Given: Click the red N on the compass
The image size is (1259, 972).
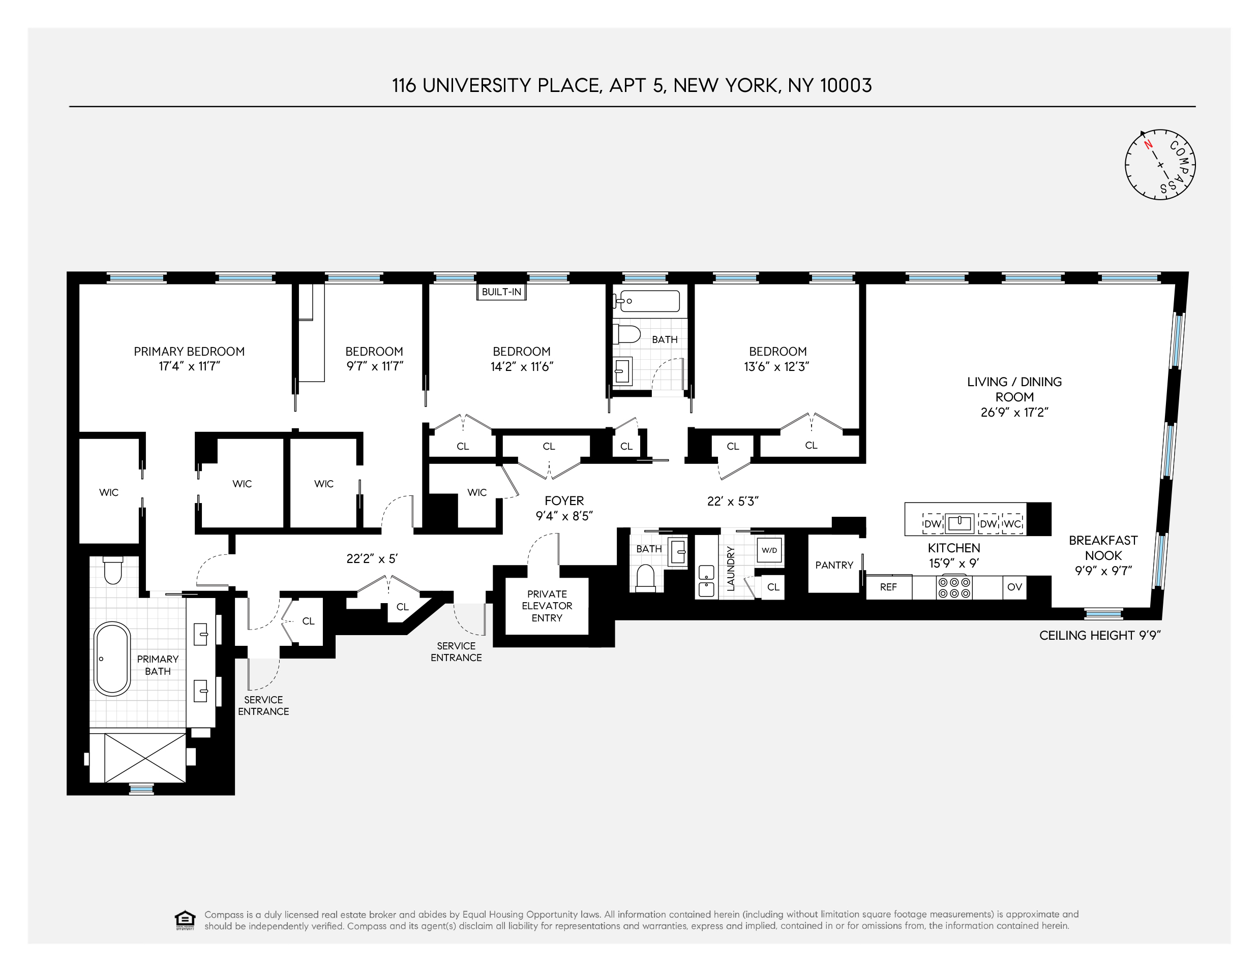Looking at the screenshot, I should click(1148, 145).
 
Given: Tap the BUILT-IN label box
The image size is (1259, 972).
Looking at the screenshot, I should click(501, 292).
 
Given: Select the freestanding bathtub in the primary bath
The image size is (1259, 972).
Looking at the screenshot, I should click(112, 658).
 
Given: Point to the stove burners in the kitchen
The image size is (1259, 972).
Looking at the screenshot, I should click(954, 587).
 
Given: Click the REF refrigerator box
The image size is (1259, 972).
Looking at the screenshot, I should click(888, 587).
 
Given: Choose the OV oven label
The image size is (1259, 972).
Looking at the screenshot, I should click(1014, 587).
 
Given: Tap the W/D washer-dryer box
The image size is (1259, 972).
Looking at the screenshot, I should click(769, 550).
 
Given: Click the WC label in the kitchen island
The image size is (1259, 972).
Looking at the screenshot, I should click(1012, 524).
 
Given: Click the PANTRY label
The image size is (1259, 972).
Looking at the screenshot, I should click(833, 565).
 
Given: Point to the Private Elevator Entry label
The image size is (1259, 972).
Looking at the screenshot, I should click(547, 606).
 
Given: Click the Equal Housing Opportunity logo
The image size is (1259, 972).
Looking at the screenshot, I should click(185, 920).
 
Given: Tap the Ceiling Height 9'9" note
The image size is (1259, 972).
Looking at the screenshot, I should click(1099, 636).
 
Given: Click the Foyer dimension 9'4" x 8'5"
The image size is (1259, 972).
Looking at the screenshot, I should click(564, 516).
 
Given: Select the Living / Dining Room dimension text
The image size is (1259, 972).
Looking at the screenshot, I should click(1014, 413).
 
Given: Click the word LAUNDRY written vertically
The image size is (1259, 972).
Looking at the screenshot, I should click(730, 568).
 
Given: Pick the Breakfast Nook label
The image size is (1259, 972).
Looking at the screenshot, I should click(1103, 548).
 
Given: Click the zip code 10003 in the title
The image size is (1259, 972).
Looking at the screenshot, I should click(846, 86).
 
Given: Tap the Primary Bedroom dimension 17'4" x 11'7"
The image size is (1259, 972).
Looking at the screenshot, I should click(189, 366).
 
